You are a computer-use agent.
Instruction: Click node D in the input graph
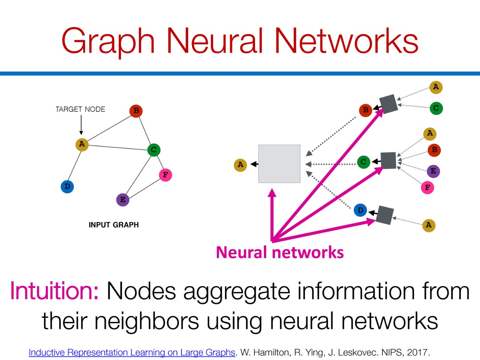click(x=67, y=186)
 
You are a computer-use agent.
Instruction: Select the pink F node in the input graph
click(x=165, y=175)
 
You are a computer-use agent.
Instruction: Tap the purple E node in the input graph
click(x=123, y=199)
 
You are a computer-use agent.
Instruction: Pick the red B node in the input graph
click(x=136, y=111)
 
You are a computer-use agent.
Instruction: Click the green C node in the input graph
click(x=153, y=150)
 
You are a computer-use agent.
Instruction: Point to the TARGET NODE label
click(x=80, y=109)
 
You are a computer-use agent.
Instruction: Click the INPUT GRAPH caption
click(x=114, y=225)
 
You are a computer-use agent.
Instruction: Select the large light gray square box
click(x=279, y=164)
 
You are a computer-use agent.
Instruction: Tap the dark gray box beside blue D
click(x=385, y=215)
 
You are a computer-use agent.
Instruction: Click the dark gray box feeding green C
click(x=388, y=160)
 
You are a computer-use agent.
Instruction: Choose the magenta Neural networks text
click(x=280, y=252)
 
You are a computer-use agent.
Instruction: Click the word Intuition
click(x=54, y=291)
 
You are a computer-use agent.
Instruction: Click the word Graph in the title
click(x=108, y=41)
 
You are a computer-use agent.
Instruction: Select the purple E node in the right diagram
click(x=433, y=171)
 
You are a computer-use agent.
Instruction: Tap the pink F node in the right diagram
click(x=427, y=187)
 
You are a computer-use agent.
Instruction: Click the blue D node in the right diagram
click(x=360, y=210)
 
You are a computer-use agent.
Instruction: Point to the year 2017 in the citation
click(x=417, y=352)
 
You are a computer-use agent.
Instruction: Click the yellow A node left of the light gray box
click(x=240, y=165)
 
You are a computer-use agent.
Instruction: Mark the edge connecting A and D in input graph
click(x=75, y=165)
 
